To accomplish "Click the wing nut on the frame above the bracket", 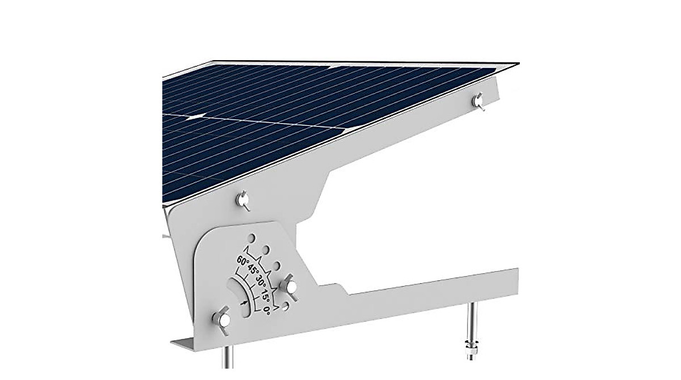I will point(242,199).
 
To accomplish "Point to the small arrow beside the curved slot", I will point(244,304).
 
